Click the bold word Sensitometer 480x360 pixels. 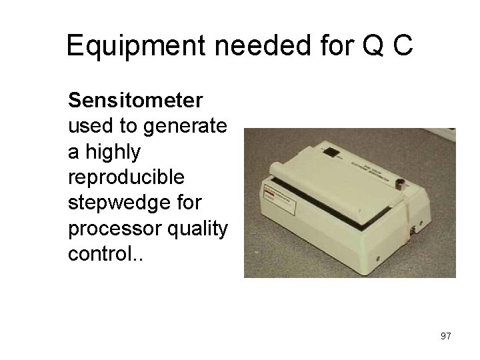(x=135, y=101)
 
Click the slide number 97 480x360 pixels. (x=445, y=336)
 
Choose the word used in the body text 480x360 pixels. (x=87, y=127)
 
